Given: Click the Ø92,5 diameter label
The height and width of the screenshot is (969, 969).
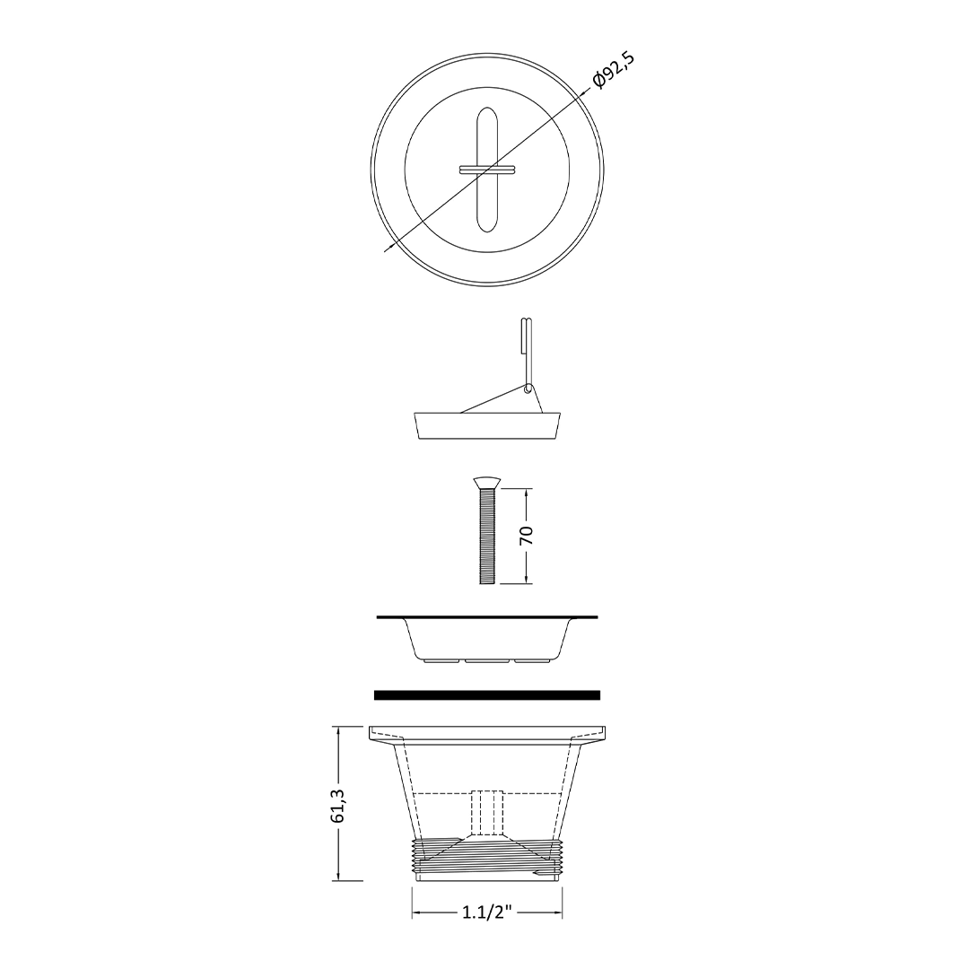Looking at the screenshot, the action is (x=613, y=71).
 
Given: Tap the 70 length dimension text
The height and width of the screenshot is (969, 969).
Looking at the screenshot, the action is (x=526, y=535).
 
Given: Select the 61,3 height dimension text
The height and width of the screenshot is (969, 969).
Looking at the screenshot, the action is (x=338, y=805).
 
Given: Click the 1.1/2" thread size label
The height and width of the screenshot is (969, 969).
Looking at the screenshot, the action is (x=487, y=912).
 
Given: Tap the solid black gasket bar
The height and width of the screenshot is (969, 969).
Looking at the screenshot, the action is (x=487, y=695).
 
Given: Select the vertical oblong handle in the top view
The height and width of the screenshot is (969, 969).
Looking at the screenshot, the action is (x=487, y=171).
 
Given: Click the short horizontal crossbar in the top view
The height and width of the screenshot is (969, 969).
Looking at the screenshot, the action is (x=487, y=169).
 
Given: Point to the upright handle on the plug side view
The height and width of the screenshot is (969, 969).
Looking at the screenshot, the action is (x=526, y=353).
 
